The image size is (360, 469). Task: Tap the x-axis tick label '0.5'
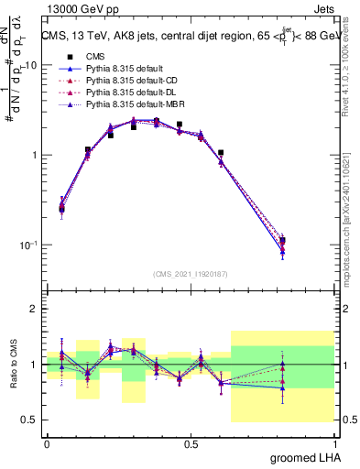(191, 444)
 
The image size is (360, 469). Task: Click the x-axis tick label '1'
(334, 444)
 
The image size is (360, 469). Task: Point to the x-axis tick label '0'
(47, 444)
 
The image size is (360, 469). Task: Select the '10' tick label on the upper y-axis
(31, 65)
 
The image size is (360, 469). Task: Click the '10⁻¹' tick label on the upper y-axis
(28, 245)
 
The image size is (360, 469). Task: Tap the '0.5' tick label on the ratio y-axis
(31, 420)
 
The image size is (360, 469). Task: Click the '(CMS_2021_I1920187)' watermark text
(191, 273)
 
